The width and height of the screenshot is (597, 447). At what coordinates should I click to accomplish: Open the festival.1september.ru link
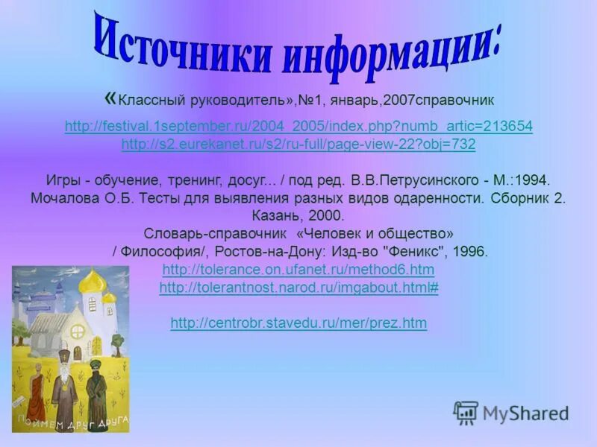pyautogui.click(x=298, y=127)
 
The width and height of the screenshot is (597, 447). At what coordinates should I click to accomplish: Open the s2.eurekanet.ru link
pyautogui.click(x=298, y=145)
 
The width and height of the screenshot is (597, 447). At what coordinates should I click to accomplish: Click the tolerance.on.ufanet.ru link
pyautogui.click(x=298, y=269)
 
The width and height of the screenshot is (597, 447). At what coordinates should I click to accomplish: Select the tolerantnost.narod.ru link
pyautogui.click(x=298, y=288)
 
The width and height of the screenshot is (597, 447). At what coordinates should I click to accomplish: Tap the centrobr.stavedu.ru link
pyautogui.click(x=298, y=323)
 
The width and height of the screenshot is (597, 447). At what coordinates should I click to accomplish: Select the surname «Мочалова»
pyautogui.click(x=63, y=199)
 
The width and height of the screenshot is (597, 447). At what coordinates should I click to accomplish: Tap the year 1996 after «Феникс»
pyautogui.click(x=470, y=252)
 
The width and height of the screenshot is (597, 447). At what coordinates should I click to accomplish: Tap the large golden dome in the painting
pyautogui.click(x=93, y=282)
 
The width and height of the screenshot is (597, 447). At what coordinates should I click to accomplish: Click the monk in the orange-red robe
pyautogui.click(x=36, y=388)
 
